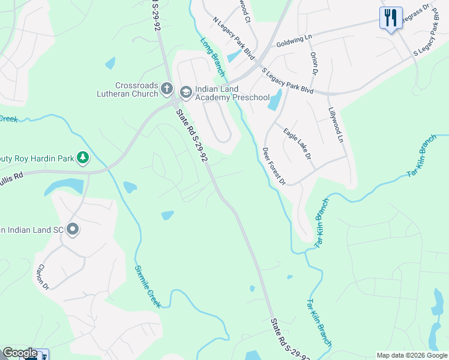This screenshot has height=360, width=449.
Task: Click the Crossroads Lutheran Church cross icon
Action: click(167, 90)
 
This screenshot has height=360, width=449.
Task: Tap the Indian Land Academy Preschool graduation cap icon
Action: click(185, 91)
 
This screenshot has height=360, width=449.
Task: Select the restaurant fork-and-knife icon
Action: click(391, 17)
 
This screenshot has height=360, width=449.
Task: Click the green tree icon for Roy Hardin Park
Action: click(83, 158)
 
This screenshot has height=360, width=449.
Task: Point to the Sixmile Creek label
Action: click(148, 286)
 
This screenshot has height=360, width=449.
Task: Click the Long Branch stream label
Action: click(213, 57)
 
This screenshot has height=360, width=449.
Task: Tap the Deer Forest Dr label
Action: click(274, 166)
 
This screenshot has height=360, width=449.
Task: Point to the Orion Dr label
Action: click(314, 63)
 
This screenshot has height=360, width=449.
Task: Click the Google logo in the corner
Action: click(19, 353)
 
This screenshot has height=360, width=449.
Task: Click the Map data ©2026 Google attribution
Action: click(412, 355)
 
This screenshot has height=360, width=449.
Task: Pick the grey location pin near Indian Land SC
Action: click(73, 229)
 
